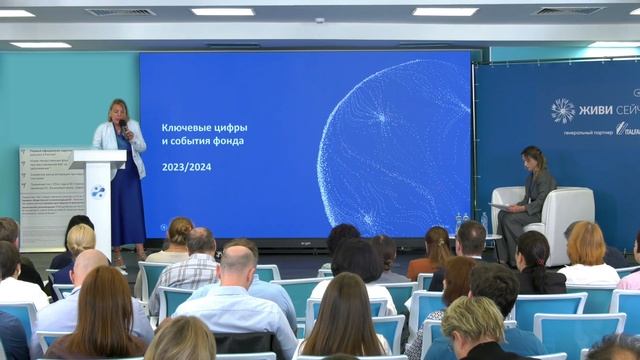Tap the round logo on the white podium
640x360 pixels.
(x=98, y=191)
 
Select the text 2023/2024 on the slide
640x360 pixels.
(x=187, y=166)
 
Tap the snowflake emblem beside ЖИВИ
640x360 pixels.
(x=563, y=110)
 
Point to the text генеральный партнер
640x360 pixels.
(x=586, y=132)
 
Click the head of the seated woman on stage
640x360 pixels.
(x=533, y=157)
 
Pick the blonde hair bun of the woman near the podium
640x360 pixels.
(x=81, y=238)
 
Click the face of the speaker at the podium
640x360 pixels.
(x=117, y=110)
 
